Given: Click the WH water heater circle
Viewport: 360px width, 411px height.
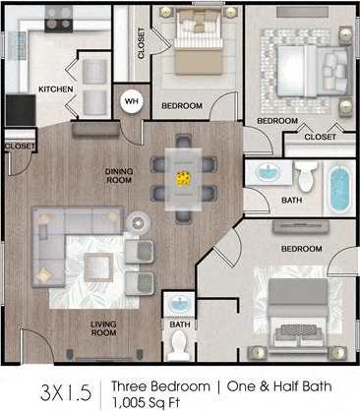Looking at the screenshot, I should coord(131,99).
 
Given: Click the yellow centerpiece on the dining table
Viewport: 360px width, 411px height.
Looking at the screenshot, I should coord(183,178).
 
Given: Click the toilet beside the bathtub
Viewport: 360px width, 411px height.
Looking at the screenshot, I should coord(306,177).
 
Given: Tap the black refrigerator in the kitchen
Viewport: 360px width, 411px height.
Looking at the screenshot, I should coord(19,109).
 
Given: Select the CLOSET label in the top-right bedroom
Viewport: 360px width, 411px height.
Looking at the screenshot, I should coord(319,137).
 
